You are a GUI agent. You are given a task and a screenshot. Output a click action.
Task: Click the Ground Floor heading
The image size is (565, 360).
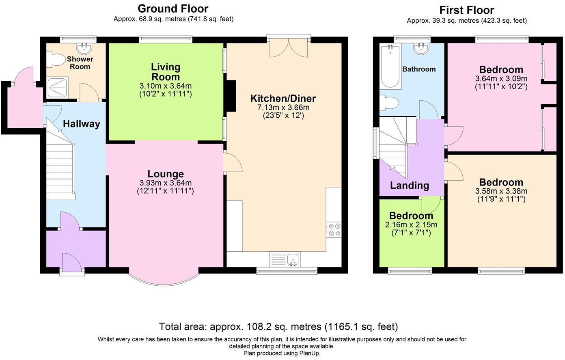point(173,9)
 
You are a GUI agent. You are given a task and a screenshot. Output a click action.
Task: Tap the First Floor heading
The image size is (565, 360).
point(466,10)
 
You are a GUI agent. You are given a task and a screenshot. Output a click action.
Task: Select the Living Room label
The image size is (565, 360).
point(165,72)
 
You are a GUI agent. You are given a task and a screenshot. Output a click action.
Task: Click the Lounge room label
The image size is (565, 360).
point(165,174)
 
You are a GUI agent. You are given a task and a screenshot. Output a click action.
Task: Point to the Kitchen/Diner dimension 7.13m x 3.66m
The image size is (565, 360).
point(283,108)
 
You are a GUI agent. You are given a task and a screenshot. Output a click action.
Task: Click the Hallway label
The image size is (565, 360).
point(81,124)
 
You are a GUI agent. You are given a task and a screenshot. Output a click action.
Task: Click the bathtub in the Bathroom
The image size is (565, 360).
point(390,67)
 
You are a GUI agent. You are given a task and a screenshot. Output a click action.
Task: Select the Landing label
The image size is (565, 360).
point(409,185)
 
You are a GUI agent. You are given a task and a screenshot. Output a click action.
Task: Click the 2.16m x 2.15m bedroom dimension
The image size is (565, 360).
point(411,224)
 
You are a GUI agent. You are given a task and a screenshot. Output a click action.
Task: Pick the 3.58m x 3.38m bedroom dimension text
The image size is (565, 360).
point(501,191)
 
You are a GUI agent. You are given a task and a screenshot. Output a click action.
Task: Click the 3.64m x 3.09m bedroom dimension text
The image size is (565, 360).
point(501,78)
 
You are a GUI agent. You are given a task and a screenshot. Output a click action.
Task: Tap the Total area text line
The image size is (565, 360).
point(278,326)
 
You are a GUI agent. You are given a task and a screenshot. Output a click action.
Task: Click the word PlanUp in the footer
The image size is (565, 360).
point(310,353)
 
